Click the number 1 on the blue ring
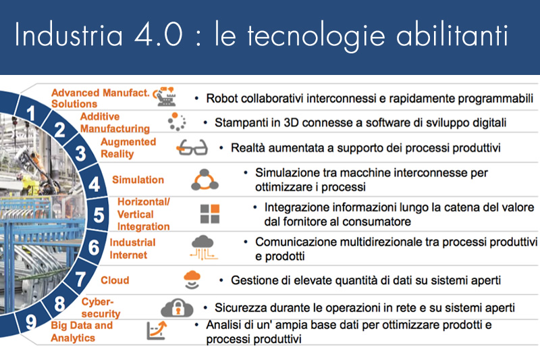[31, 113]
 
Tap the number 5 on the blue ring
[99, 215]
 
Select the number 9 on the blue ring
[31, 322]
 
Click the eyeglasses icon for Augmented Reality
[192, 147]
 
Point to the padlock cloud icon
[177, 307]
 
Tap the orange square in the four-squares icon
[215, 209]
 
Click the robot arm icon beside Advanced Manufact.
[165, 97]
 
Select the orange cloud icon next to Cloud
[192, 280]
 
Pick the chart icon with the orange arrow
[157, 330]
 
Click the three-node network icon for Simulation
[205, 180]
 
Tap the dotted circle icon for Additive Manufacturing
[177, 122]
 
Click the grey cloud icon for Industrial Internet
[203, 247]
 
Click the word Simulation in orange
[138, 180]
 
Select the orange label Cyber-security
[101, 307]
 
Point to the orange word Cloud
[115, 280]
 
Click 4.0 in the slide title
[159, 35]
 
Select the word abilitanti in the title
[452, 34]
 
